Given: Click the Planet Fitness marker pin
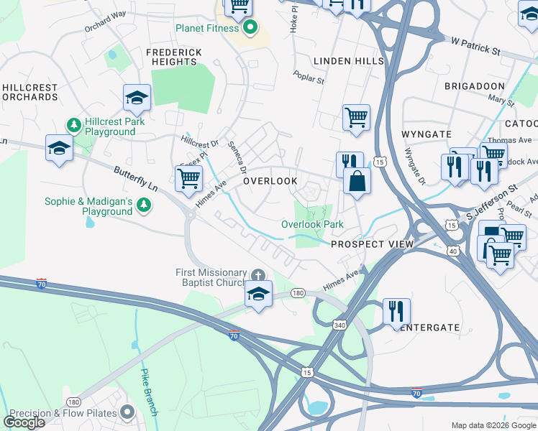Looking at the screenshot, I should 250,29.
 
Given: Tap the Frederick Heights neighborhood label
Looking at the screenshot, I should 173,57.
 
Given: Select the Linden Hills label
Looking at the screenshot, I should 349,61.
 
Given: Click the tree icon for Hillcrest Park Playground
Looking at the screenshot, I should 73,126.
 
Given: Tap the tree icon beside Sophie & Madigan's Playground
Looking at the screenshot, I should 145,206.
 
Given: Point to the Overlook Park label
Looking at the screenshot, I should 312,225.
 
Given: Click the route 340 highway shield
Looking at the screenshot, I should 339,325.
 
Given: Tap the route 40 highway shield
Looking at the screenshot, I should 452,251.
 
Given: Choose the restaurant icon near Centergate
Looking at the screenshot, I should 396,311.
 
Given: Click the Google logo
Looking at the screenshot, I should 24,422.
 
